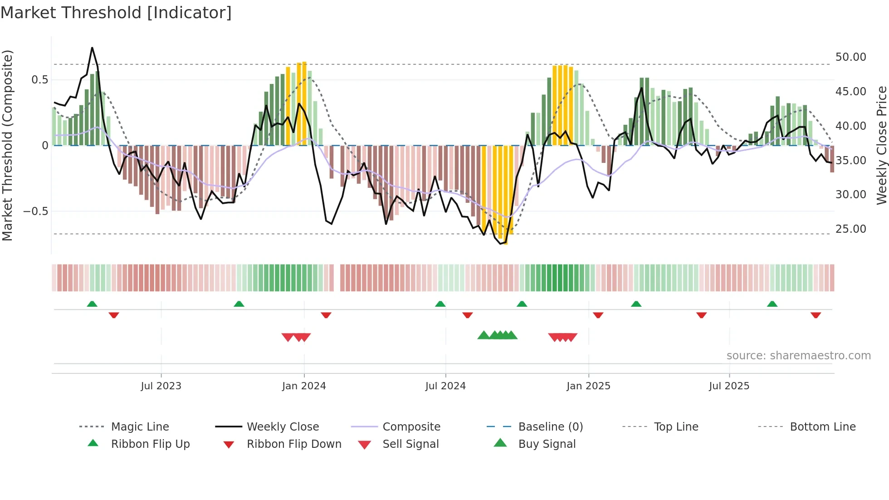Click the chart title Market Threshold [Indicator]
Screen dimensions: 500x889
click(116, 13)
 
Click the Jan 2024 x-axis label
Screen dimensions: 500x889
click(304, 386)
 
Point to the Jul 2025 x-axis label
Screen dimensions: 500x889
click(729, 386)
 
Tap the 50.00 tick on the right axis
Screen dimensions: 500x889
click(850, 57)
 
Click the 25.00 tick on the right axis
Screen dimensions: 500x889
click(850, 229)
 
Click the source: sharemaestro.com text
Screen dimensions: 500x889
click(798, 355)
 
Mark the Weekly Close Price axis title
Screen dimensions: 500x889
click(881, 145)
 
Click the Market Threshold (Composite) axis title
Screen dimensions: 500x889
click(7, 145)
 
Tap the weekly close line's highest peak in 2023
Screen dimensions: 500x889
click(92, 48)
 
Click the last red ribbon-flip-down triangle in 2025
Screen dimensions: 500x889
click(816, 315)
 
